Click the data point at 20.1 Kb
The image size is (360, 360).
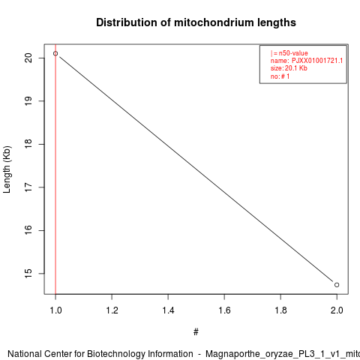55,53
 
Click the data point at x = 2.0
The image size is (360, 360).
337,285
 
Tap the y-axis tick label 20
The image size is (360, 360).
28,58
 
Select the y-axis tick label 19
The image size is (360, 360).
28,101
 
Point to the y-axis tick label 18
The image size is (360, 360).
28,144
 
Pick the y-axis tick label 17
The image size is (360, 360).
28,187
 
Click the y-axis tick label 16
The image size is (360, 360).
28,230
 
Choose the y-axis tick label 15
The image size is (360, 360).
28,273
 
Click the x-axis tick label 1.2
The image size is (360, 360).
112,310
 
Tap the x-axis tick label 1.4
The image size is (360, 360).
168,310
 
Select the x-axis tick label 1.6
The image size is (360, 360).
224,310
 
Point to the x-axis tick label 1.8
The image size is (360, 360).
280,310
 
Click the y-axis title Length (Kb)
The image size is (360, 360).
7,169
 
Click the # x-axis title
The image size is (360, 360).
196,332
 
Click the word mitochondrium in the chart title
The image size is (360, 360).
214,22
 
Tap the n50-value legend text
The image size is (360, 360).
293,53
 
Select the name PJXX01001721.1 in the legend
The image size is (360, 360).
317,61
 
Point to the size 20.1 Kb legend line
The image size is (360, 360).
289,68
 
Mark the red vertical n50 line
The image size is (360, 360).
55,169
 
